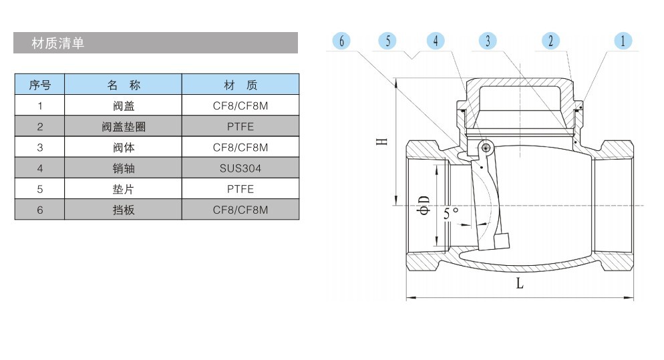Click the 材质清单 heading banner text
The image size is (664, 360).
[58, 43]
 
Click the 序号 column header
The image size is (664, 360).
[39, 85]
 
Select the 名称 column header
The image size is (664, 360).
[124, 85]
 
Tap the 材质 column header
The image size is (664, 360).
[240, 85]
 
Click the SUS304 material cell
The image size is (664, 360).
[240, 168]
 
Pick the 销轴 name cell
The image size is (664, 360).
[124, 168]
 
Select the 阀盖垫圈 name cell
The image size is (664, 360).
[124, 126]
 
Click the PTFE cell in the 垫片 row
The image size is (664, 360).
[240, 189]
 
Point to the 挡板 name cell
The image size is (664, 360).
[124, 210]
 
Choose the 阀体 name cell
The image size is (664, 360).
[124, 147]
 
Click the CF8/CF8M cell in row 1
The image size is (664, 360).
[240, 106]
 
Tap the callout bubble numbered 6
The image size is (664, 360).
[341, 41]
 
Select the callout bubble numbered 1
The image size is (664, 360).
[623, 41]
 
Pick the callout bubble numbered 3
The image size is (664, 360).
[488, 41]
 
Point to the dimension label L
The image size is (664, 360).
[520, 283]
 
